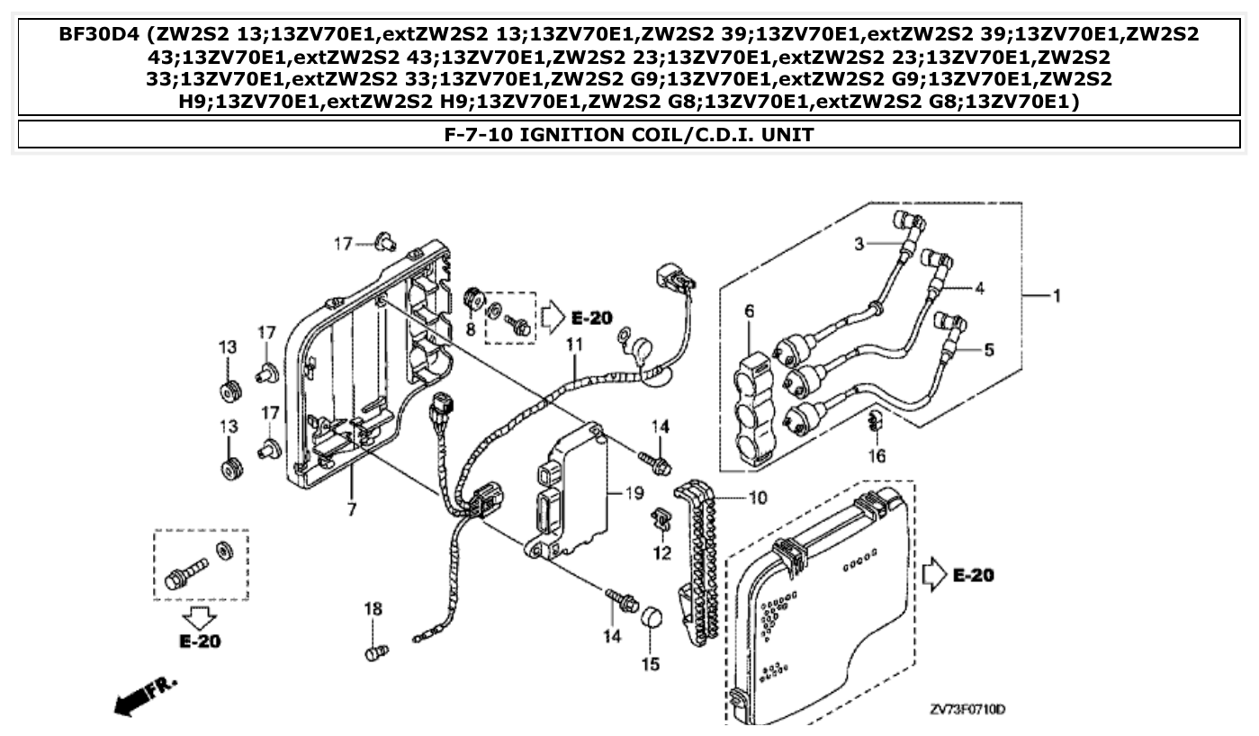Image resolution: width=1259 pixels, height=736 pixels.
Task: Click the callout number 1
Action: pos(1057,296)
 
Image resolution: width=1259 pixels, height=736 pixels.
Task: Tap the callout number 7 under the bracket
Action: pos(351,510)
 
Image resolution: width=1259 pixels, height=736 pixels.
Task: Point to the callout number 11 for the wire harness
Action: pos(574,344)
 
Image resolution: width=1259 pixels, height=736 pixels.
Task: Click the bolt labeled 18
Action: pos(376,651)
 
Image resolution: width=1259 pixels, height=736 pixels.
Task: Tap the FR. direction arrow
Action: pos(145,694)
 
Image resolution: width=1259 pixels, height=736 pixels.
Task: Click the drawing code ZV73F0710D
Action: pos(967,711)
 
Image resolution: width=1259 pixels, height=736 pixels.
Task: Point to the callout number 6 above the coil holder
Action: pos(749,312)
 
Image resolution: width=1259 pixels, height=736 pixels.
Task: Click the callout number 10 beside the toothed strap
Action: pos(758,497)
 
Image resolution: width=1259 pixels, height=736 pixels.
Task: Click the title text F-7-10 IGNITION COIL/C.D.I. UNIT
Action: pos(629,135)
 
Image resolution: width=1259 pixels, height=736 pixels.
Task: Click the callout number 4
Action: pos(979,289)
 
